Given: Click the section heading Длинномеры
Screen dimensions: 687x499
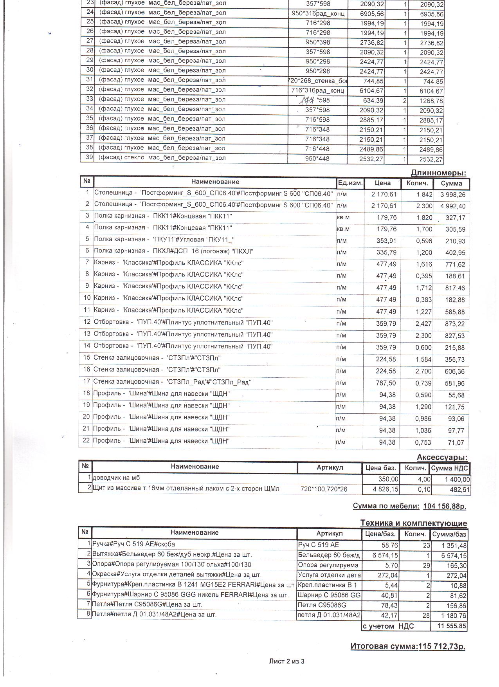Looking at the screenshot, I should point(438,173).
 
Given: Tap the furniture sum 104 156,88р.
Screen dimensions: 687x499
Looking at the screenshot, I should point(445,506).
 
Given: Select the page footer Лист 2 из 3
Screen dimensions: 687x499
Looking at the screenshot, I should point(286,662).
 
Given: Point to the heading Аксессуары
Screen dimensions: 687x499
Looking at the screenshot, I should point(442,457).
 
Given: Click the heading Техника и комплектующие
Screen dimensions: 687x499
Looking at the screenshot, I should point(413,523).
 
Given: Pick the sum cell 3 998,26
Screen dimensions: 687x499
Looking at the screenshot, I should point(452,195).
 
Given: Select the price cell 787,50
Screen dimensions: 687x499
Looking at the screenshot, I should point(386,383).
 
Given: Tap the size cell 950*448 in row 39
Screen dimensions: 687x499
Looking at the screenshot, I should point(317,159).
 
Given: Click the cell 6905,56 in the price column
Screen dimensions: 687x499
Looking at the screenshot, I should point(372,14).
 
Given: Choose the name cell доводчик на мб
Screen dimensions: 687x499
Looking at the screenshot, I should point(116,478).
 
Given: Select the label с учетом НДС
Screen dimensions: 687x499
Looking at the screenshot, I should point(388,626).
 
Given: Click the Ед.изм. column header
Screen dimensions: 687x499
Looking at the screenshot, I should point(350,183).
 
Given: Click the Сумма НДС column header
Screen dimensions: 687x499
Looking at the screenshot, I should point(449,468).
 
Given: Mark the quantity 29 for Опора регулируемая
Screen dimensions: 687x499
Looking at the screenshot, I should point(426,565).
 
